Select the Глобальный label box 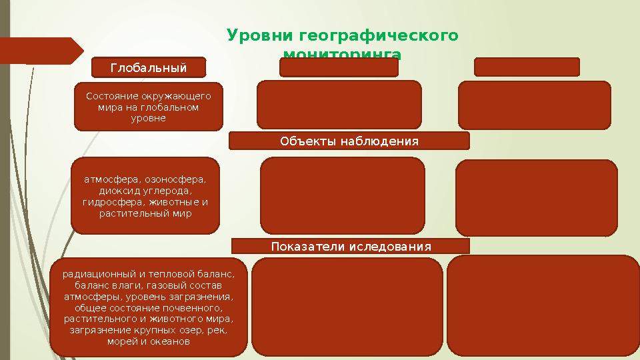(x=149, y=67)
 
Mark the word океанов (x=171, y=342)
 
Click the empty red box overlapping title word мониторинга (x=339, y=67)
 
